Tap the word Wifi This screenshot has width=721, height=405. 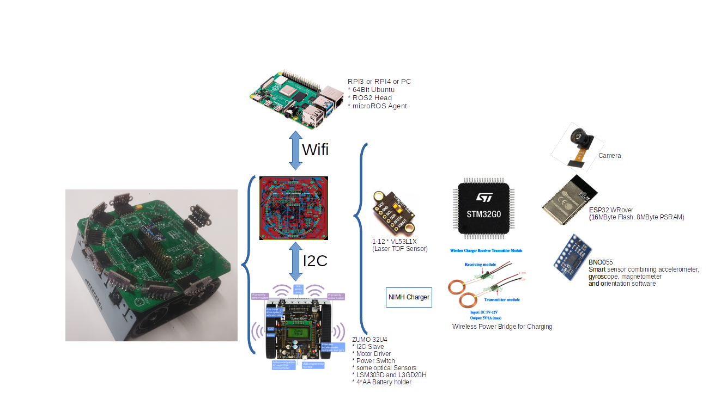click(315, 149)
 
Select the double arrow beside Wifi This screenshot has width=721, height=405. click(295, 150)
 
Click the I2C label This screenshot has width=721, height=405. click(314, 261)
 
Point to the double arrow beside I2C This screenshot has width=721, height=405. click(295, 261)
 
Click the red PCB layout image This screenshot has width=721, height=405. click(294, 208)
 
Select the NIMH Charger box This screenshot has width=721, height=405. click(409, 297)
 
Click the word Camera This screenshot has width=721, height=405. click(609, 156)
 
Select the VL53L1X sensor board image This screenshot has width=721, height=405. click(393, 214)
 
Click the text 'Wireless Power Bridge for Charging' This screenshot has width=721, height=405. click(502, 327)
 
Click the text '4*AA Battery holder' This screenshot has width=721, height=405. click(381, 382)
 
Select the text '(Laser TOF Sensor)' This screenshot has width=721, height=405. click(399, 249)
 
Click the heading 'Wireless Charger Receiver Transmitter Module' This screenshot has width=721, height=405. click(486, 250)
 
